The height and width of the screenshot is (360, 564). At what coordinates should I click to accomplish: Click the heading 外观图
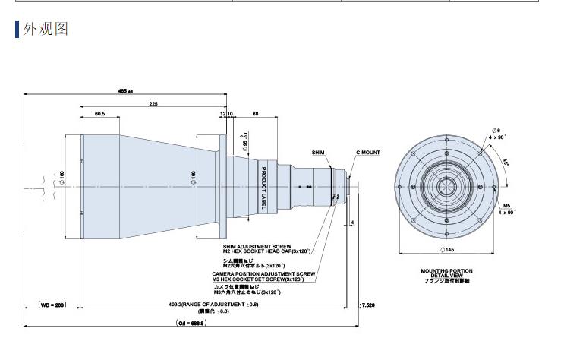[x=47, y=30]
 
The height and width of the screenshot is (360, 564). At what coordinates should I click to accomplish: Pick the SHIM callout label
[x=319, y=153]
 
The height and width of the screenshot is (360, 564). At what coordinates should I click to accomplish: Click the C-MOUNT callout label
[x=367, y=153]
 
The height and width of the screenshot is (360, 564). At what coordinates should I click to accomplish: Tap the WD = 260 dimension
[x=52, y=305]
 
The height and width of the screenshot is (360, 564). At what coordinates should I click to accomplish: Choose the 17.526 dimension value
[x=367, y=305]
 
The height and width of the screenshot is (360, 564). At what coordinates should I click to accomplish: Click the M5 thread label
[x=506, y=205]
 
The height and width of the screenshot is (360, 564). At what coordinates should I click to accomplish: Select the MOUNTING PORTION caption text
[x=446, y=270]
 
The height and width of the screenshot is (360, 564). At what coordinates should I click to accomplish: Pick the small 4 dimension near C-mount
[x=353, y=223]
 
